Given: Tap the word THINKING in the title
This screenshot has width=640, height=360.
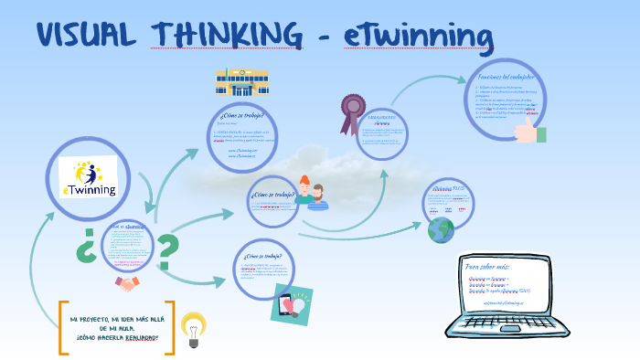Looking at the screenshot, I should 229,36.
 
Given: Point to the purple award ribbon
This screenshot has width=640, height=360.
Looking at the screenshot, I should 350,113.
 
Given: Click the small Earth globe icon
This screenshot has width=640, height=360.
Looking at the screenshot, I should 441,229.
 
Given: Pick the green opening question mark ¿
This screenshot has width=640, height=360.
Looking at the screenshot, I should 85,247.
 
